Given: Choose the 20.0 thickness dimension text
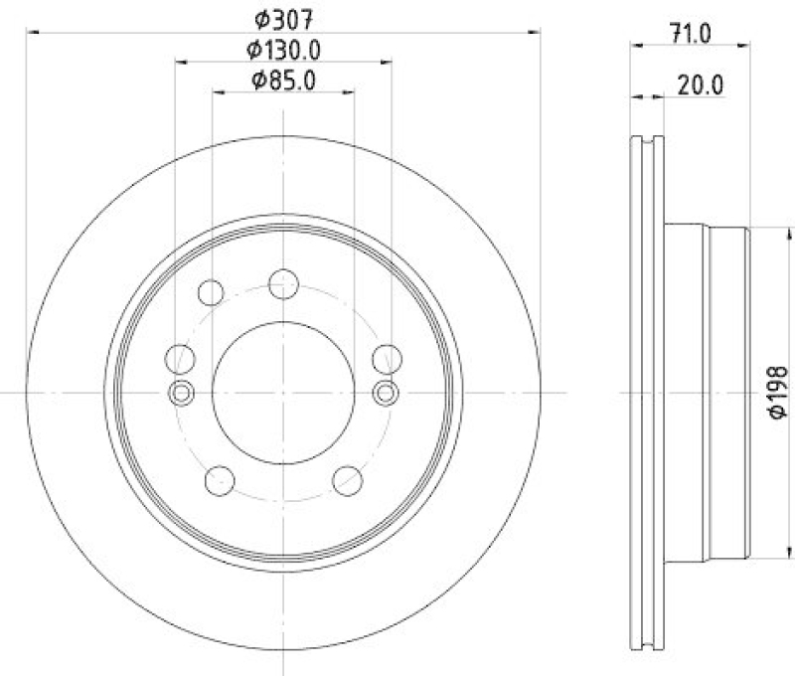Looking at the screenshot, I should click(700, 85).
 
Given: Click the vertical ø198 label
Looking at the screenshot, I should click(778, 392).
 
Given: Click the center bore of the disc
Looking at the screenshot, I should click(283, 392).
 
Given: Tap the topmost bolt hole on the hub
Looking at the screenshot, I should click(284, 283).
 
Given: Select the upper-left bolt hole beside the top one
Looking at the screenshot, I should click(212, 292).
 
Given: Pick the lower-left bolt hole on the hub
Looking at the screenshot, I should click(219, 481).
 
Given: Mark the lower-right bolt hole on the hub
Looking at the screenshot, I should click(347, 481).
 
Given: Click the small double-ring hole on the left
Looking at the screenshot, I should click(181, 393).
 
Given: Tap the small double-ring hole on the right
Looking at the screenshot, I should click(386, 393).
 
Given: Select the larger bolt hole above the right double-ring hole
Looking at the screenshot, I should click(386, 358).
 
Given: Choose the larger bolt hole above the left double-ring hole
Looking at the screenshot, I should click(180, 358).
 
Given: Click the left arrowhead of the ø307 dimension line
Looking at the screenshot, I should click(32, 33).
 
